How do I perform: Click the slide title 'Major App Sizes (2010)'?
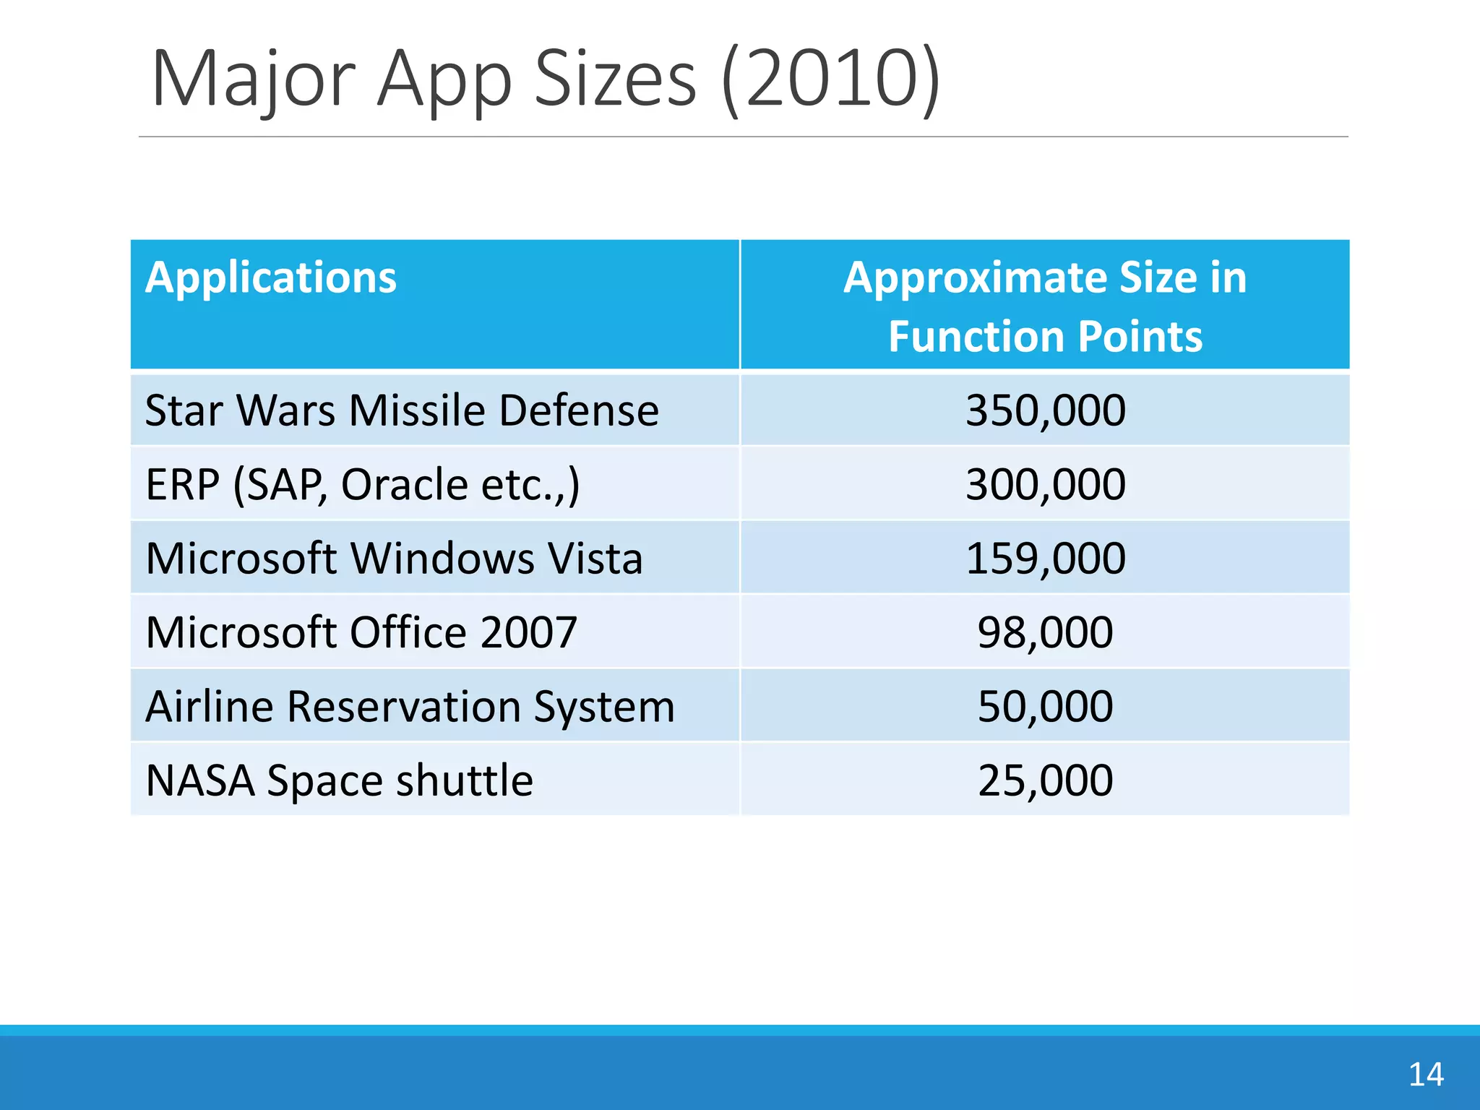(x=546, y=78)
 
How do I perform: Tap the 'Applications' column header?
(x=271, y=277)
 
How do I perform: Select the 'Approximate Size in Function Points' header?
(x=1045, y=306)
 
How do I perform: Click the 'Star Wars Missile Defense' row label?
(x=402, y=410)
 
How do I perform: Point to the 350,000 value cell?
(x=1045, y=410)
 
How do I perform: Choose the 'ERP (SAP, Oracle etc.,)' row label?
(x=362, y=484)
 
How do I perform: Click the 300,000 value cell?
(x=1045, y=484)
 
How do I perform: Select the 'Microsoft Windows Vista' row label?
(x=394, y=559)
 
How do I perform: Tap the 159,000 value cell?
(x=1045, y=559)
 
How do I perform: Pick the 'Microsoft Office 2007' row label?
(x=361, y=632)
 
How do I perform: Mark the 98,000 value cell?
(x=1045, y=632)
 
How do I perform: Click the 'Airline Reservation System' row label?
(x=410, y=706)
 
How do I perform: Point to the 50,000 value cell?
(x=1045, y=706)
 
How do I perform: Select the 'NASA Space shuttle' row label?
(x=339, y=780)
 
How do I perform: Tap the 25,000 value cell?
(x=1045, y=780)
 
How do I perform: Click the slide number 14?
(x=1426, y=1075)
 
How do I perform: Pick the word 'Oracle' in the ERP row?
(x=404, y=484)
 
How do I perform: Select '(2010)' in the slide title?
(x=831, y=78)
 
